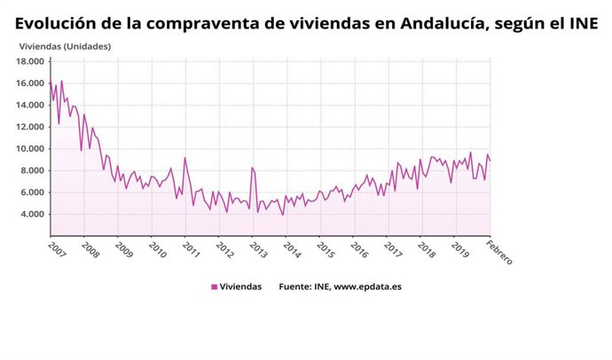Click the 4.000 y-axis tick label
32,214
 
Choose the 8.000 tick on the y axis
32,170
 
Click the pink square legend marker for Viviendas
214,286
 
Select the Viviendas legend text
241,286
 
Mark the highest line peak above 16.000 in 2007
61,81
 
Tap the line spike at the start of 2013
252,168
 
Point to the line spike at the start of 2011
184,158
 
